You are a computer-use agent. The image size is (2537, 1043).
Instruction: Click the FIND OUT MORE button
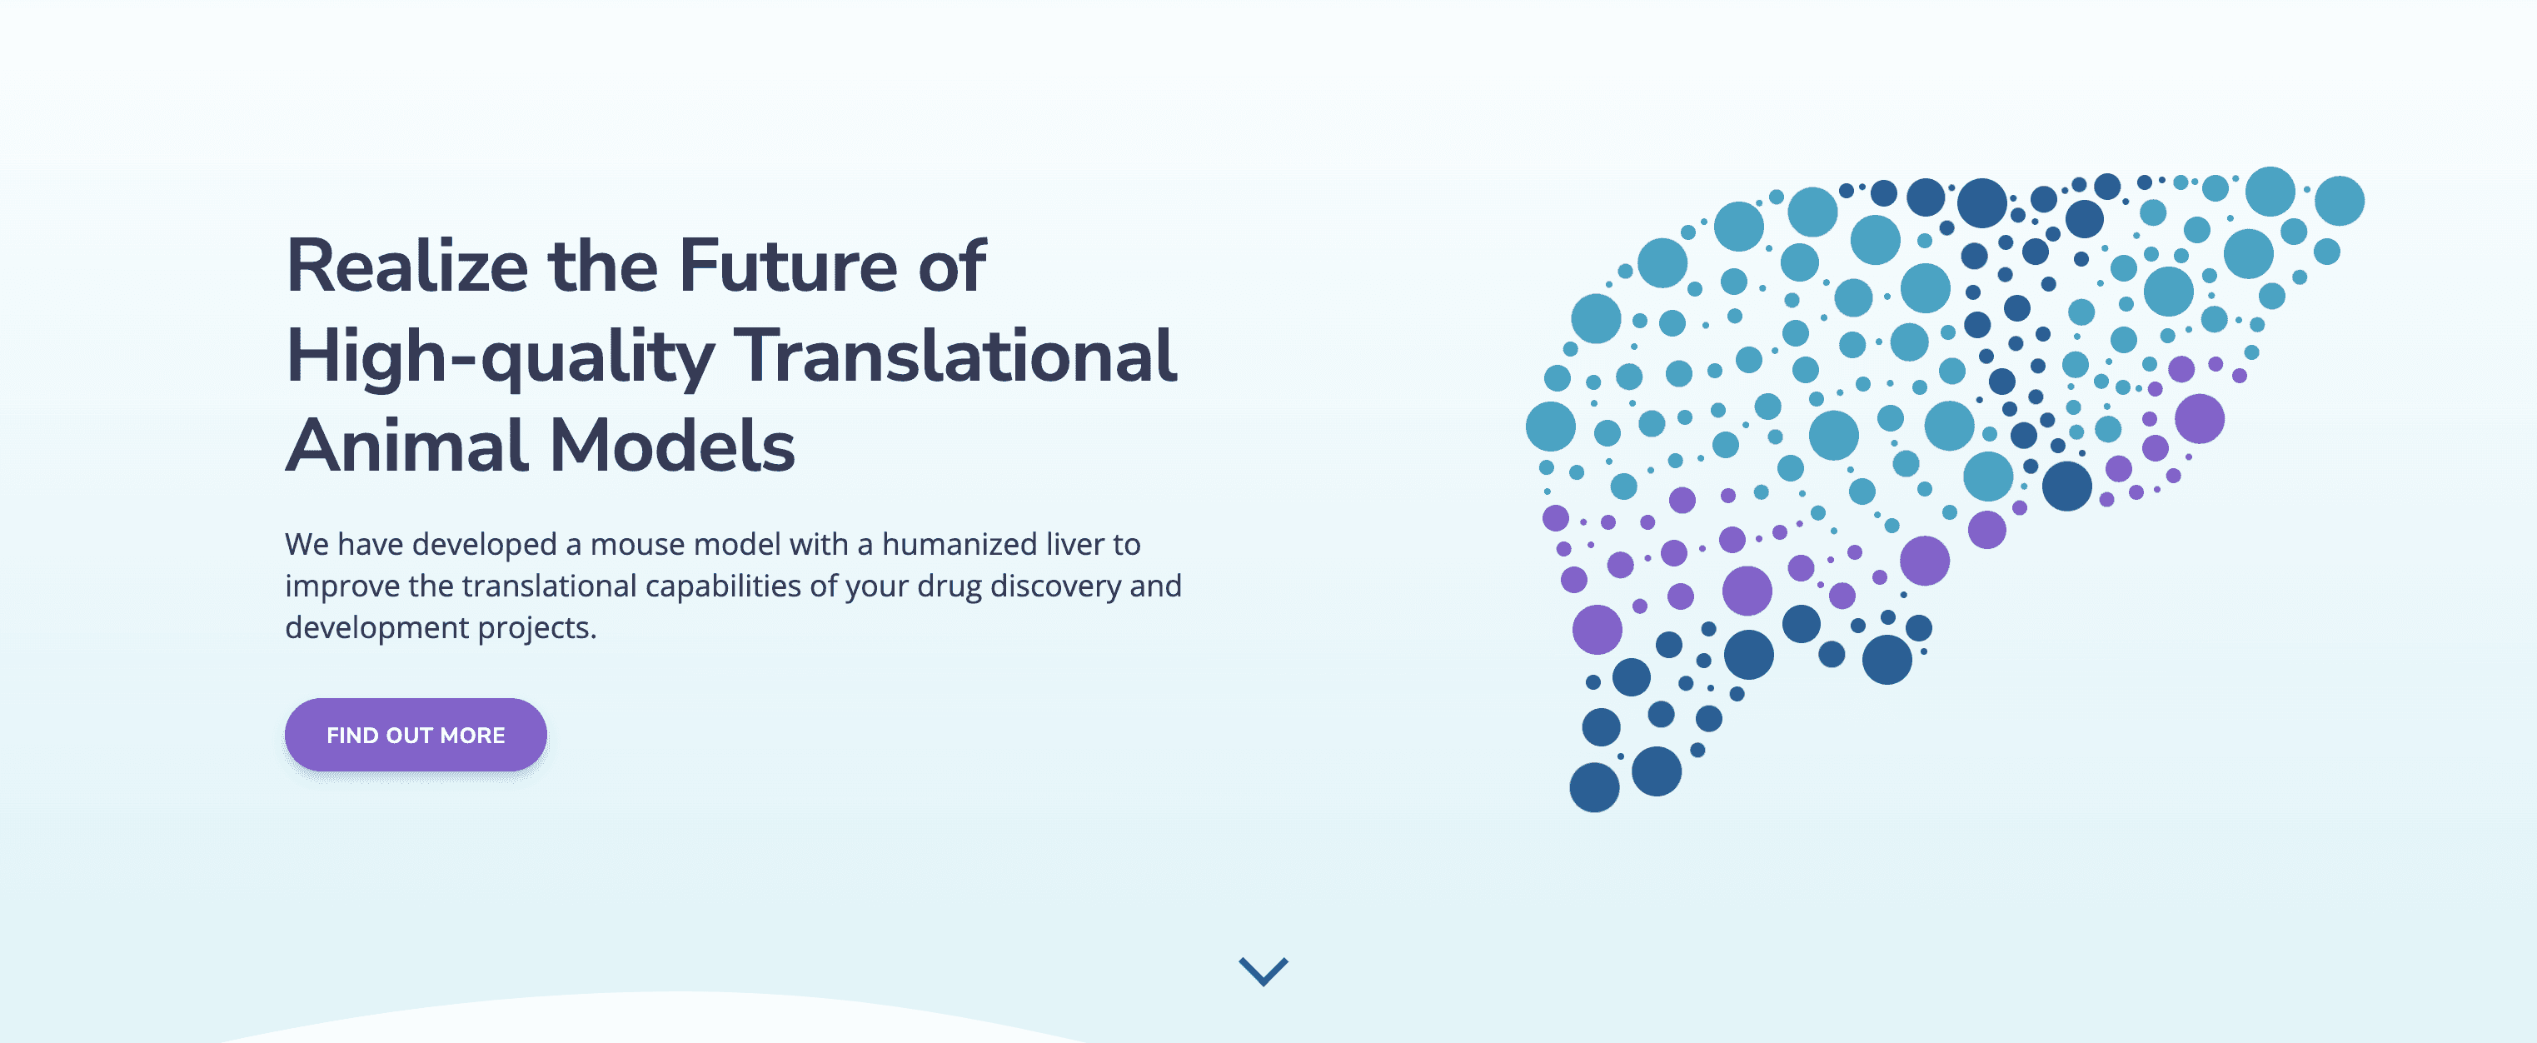click(x=416, y=735)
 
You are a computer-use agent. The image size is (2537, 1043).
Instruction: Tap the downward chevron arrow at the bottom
click(x=1264, y=971)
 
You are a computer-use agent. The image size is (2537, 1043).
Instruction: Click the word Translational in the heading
click(x=959, y=356)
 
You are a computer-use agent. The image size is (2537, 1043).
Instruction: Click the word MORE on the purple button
click(x=473, y=736)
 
